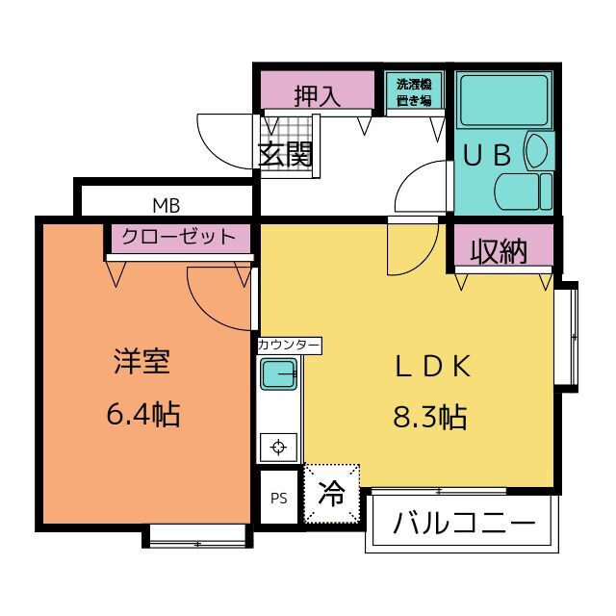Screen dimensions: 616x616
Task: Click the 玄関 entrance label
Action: tap(286, 154)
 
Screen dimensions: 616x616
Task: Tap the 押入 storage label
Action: tap(318, 95)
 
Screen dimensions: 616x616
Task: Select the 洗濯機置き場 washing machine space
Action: tap(414, 92)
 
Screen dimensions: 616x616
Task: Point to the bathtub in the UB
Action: tap(504, 100)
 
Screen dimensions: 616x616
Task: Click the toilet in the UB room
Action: tap(524, 192)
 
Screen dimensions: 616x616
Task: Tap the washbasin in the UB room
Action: tap(537, 151)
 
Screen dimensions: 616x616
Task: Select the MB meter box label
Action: tap(167, 205)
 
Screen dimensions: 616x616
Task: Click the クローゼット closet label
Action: tap(179, 237)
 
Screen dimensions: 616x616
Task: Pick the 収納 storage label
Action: tap(499, 250)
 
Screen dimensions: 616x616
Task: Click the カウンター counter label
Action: tap(289, 346)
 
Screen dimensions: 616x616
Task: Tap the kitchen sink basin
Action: tap(278, 374)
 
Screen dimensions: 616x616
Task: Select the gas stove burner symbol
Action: tap(278, 447)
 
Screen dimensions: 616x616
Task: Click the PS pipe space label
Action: tap(279, 499)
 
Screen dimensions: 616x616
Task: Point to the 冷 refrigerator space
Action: tap(331, 494)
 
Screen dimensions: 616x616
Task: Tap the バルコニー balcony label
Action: tap(464, 523)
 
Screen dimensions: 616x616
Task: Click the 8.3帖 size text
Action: tap(430, 417)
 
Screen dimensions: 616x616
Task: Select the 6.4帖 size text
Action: tap(143, 414)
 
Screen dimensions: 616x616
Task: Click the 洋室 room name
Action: tap(142, 361)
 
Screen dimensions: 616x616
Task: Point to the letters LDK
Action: tap(432, 366)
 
